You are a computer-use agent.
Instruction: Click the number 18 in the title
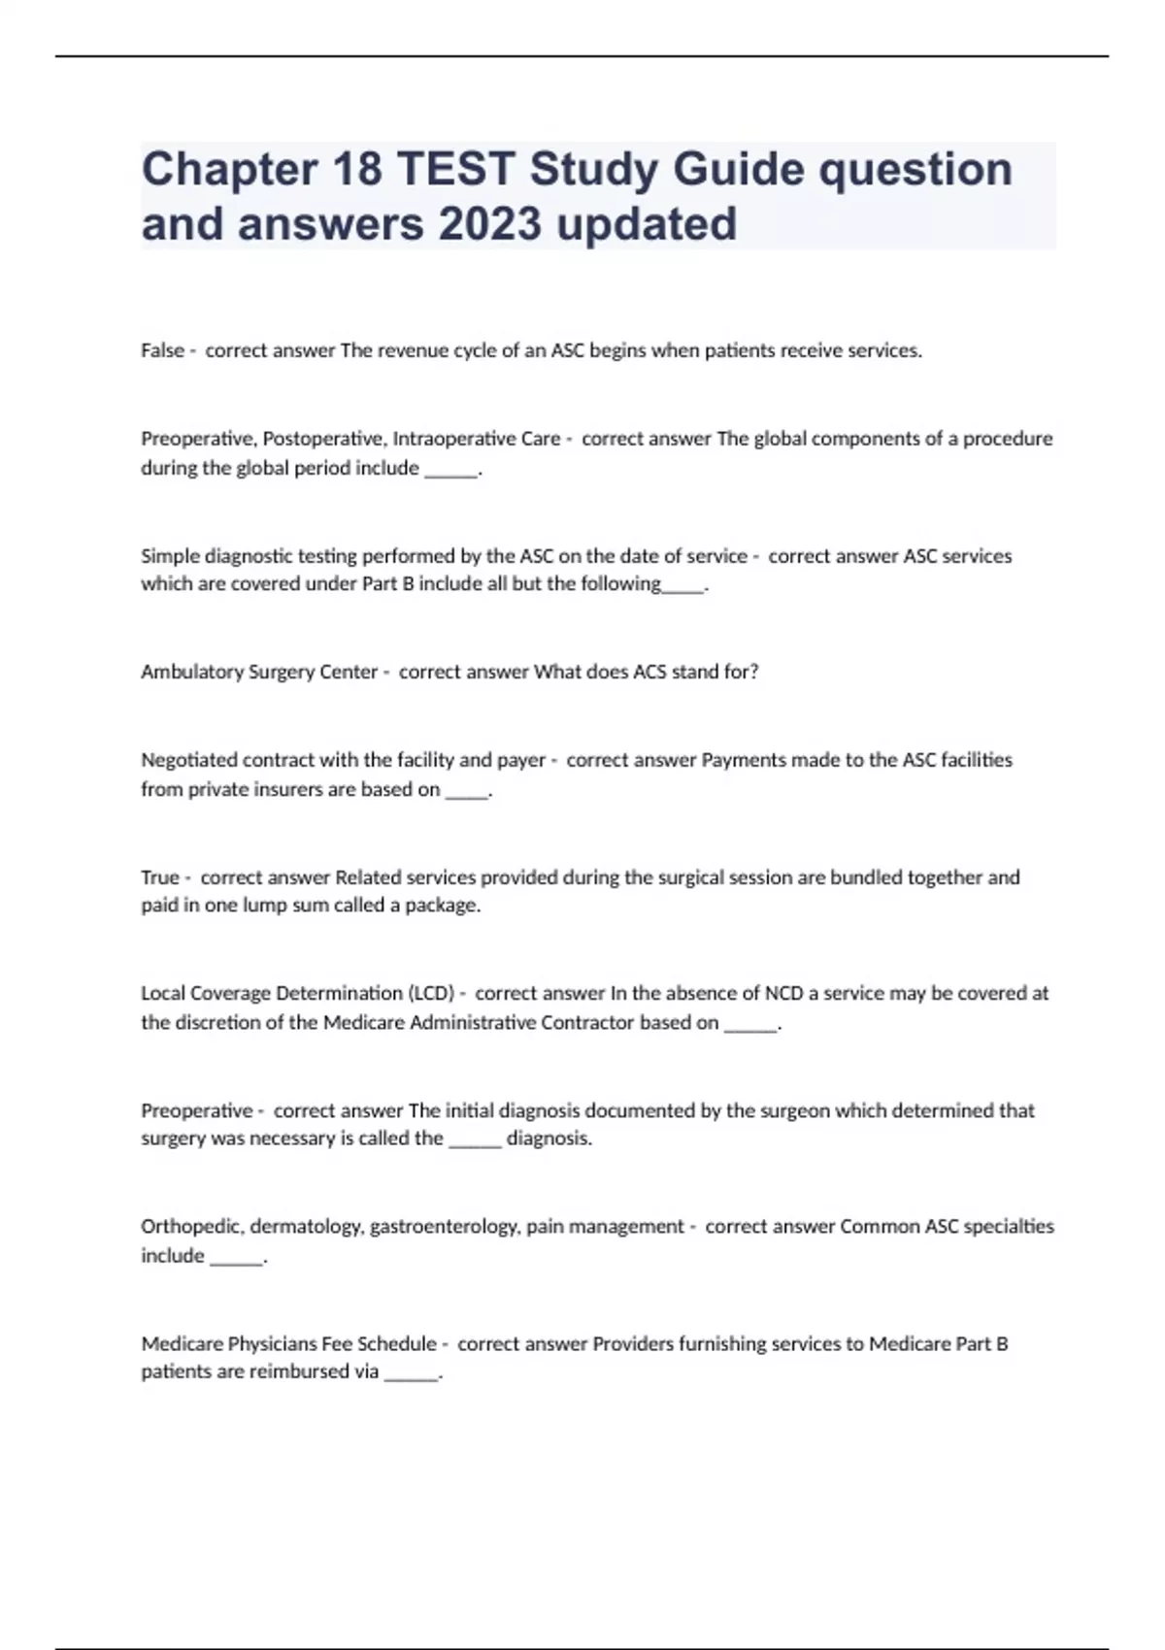pos(355,169)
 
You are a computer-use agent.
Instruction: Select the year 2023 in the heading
pos(489,223)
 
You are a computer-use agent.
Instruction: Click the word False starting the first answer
pos(162,350)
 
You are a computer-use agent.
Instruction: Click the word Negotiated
pos(188,760)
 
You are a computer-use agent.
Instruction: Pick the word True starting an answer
pos(159,877)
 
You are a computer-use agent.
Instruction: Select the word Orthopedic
pos(192,1227)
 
